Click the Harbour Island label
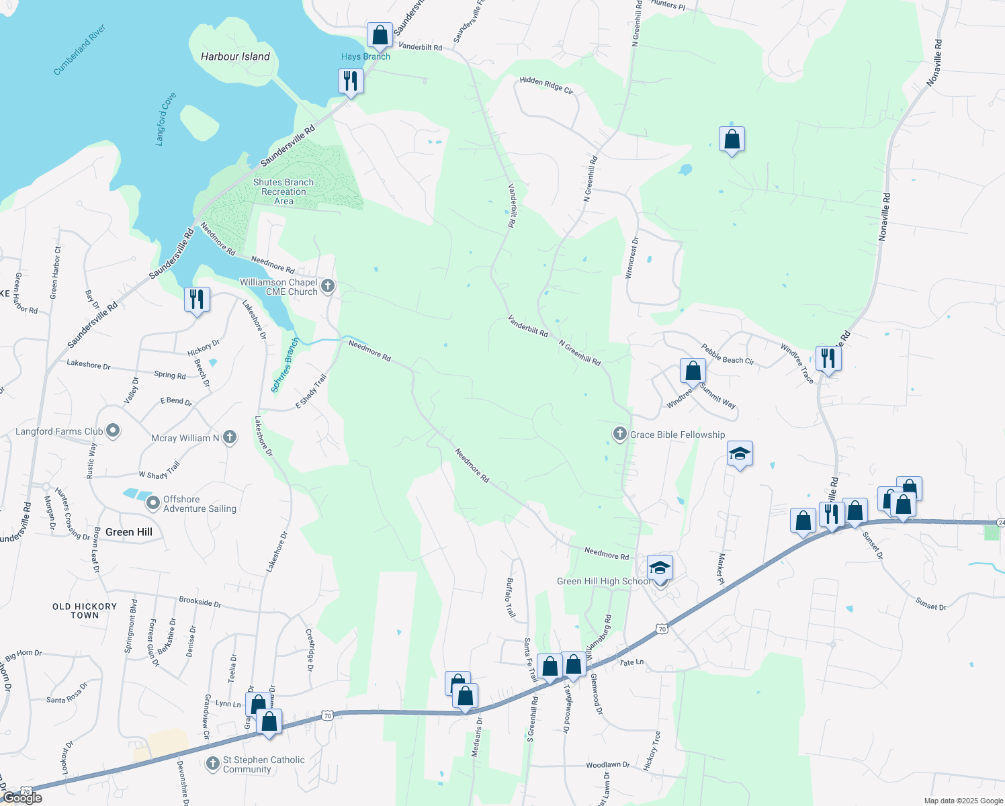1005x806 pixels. pos(235,57)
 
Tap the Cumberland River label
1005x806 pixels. pos(79,50)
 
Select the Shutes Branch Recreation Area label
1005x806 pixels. pos(283,191)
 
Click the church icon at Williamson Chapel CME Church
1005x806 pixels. pos(328,287)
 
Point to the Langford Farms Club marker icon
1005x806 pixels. pos(113,431)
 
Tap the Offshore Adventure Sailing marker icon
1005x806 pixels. pos(153,502)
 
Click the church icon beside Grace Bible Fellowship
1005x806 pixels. pos(619,434)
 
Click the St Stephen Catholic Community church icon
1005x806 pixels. pos(213,764)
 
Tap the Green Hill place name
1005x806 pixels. pos(129,532)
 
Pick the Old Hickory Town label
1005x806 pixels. pos(85,611)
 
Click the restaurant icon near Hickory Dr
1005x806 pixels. pos(197,298)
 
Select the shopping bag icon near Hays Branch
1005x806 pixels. pos(380,35)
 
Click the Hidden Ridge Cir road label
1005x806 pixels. pos(546,85)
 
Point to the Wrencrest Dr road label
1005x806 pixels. pos(632,257)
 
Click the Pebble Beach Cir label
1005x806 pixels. pos(728,355)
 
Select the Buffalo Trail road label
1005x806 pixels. pos(511,598)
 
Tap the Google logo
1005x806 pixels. pos(22,797)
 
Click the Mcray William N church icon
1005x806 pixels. pos(230,438)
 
